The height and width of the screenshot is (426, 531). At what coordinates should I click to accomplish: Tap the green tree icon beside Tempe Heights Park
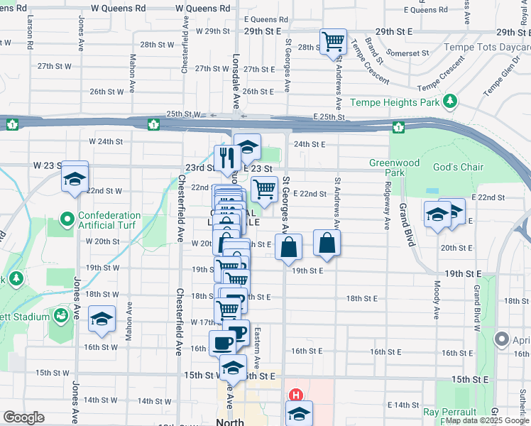click(449, 102)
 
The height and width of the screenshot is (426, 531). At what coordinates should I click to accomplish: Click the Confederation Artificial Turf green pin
click(67, 219)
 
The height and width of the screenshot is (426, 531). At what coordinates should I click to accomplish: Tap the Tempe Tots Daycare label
click(487, 48)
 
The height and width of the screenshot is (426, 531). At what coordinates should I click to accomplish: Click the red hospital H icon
click(295, 395)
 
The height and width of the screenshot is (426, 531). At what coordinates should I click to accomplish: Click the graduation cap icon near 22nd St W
click(74, 180)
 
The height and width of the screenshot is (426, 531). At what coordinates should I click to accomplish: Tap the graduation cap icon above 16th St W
click(102, 317)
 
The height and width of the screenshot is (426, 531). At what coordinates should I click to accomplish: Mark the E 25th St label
click(328, 116)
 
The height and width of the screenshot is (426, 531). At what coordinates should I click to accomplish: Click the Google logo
click(23, 417)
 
